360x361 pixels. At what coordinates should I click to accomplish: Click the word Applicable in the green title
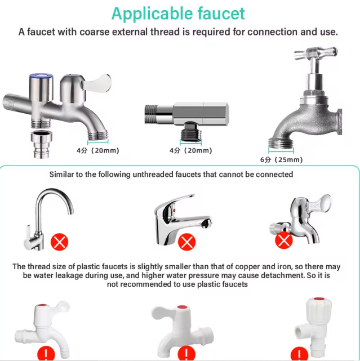pyautogui.click(x=152, y=14)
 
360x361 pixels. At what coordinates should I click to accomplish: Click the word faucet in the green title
pyautogui.click(x=221, y=14)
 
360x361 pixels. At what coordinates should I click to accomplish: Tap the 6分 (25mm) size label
pyautogui.click(x=281, y=159)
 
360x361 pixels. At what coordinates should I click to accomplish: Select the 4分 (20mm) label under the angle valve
pyautogui.click(x=191, y=150)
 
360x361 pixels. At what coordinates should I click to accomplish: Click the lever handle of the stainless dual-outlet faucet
pyautogui.click(x=97, y=83)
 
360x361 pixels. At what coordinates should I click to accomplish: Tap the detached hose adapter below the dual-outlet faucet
pyautogui.click(x=42, y=144)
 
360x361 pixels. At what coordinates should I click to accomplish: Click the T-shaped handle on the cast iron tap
pyautogui.click(x=316, y=53)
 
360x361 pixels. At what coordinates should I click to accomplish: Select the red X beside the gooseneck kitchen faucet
pyautogui.click(x=59, y=242)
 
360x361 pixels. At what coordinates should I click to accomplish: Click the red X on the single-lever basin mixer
pyautogui.click(x=187, y=242)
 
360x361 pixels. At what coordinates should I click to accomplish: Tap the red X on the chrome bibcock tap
pyautogui.click(x=284, y=240)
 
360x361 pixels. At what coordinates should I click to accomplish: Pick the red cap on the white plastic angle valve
pyautogui.click(x=319, y=298)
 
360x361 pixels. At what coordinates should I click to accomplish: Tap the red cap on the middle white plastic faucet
pyautogui.click(x=182, y=307)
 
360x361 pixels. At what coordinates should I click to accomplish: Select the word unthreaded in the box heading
pyautogui.click(x=153, y=175)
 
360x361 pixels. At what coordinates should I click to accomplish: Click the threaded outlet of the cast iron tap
pyautogui.click(x=281, y=142)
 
